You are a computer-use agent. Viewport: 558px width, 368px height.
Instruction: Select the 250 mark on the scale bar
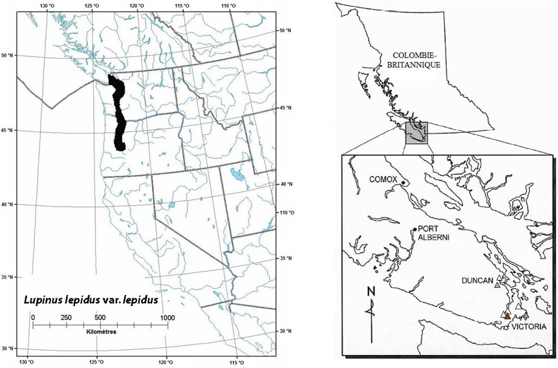point(66,317)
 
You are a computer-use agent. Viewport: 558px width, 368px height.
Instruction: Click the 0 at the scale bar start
point(33,317)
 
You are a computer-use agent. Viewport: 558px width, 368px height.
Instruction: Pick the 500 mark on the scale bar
point(100,317)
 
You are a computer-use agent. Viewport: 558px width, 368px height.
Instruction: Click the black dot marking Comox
point(403,183)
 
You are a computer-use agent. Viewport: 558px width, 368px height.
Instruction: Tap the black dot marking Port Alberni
point(414,229)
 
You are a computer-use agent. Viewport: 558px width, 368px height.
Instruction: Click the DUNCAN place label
point(479,281)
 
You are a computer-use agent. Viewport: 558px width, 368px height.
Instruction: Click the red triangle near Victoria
point(508,316)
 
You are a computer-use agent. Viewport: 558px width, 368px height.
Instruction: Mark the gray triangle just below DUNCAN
point(497,285)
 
